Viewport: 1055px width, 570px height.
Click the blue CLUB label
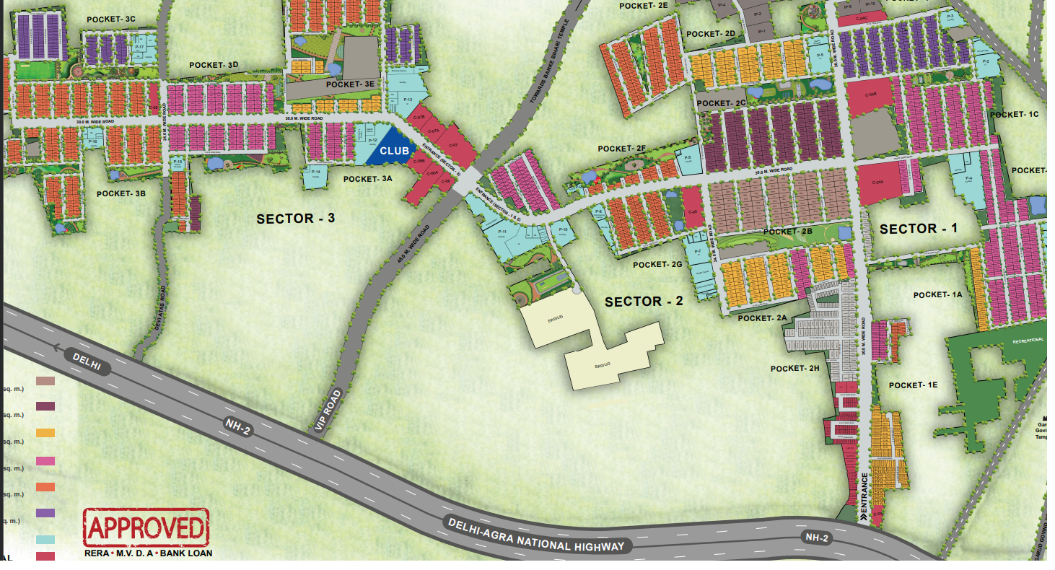click(x=394, y=151)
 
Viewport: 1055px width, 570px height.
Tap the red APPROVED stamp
click(x=146, y=527)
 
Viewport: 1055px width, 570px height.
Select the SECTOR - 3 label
click(x=296, y=218)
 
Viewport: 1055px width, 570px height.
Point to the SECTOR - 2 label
click(x=644, y=302)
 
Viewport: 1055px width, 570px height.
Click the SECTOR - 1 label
click(x=919, y=229)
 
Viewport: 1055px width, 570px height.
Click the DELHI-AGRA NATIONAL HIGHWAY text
click(x=535, y=535)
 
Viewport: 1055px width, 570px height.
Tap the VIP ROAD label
click(x=328, y=411)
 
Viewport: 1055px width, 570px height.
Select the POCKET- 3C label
click(x=110, y=19)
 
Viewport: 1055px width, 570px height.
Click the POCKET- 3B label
click(x=121, y=193)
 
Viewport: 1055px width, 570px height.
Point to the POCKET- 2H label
click(x=795, y=369)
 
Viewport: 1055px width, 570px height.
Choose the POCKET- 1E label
click(x=913, y=385)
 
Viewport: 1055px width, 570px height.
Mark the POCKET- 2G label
click(x=657, y=265)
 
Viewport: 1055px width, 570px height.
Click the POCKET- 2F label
click(x=621, y=149)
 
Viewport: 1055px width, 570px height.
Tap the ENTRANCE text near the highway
click(x=864, y=496)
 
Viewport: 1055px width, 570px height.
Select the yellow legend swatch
click(x=45, y=433)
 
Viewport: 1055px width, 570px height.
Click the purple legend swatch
click(x=45, y=513)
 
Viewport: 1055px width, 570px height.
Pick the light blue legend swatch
click(x=45, y=540)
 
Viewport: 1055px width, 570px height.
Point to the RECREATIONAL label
click(x=1028, y=340)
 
